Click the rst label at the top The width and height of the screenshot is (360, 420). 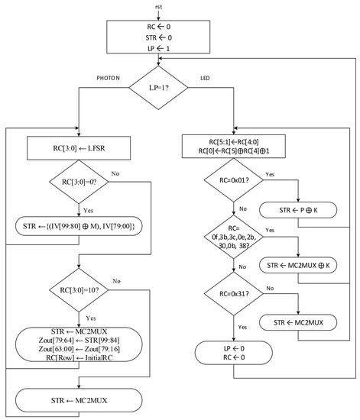coord(157,7)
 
